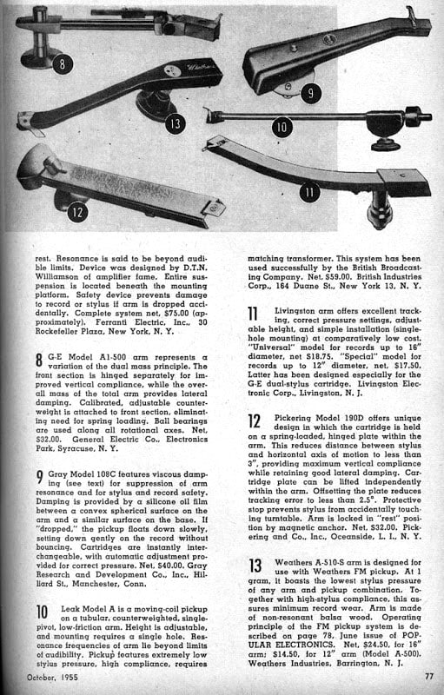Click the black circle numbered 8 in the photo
(63, 63)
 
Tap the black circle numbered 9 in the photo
(310, 93)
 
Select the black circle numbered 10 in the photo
(282, 127)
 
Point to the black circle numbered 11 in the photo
(309, 192)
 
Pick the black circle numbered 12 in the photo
(77, 212)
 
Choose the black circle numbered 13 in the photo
(176, 123)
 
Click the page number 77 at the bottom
(429, 677)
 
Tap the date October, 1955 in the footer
(52, 677)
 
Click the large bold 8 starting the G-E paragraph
(39, 360)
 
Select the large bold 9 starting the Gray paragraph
(40, 477)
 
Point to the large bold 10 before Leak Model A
(42, 612)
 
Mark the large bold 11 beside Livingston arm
(253, 314)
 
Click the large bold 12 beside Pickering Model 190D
(254, 420)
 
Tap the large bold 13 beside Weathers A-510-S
(255, 566)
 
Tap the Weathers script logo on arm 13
(202, 68)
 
